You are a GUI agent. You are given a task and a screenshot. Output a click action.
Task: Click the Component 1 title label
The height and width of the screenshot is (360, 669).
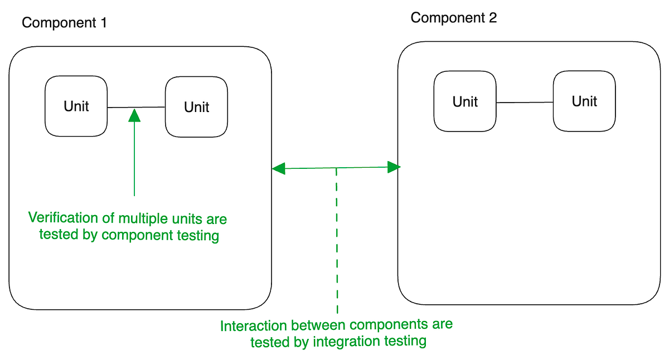(64, 23)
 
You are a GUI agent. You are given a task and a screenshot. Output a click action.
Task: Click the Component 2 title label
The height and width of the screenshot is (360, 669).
(453, 18)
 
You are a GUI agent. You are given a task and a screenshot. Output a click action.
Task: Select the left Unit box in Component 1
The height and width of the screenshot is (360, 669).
(76, 106)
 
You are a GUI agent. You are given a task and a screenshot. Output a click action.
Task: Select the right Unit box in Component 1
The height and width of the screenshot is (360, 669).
(196, 106)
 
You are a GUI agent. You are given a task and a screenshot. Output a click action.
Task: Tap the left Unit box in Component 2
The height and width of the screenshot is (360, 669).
(465, 101)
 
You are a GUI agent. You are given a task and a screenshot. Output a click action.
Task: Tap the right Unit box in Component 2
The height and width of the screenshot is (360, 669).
(584, 101)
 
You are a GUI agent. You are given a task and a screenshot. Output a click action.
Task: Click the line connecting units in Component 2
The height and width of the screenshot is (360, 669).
(524, 103)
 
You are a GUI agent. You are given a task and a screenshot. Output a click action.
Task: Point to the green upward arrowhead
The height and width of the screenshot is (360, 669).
(134, 115)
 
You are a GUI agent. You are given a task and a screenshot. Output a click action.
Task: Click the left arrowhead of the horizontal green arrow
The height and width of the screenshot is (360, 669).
(278, 168)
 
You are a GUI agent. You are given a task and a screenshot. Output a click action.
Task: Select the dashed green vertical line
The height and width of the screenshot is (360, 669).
(337, 240)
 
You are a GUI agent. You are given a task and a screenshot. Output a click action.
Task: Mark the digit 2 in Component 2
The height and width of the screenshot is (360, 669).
(492, 18)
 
